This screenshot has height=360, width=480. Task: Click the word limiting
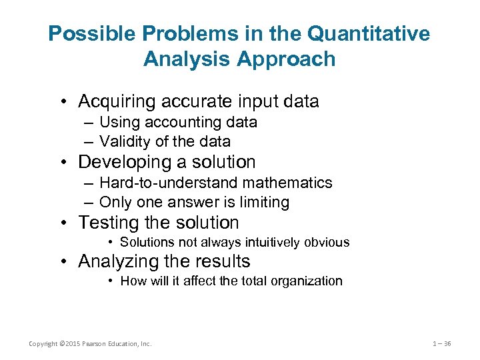(x=265, y=201)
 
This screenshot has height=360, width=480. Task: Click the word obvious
(x=327, y=243)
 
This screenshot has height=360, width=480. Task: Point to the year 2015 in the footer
(x=70, y=344)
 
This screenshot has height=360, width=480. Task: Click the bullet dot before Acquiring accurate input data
(x=63, y=102)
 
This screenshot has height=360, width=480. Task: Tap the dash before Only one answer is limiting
(x=89, y=201)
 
